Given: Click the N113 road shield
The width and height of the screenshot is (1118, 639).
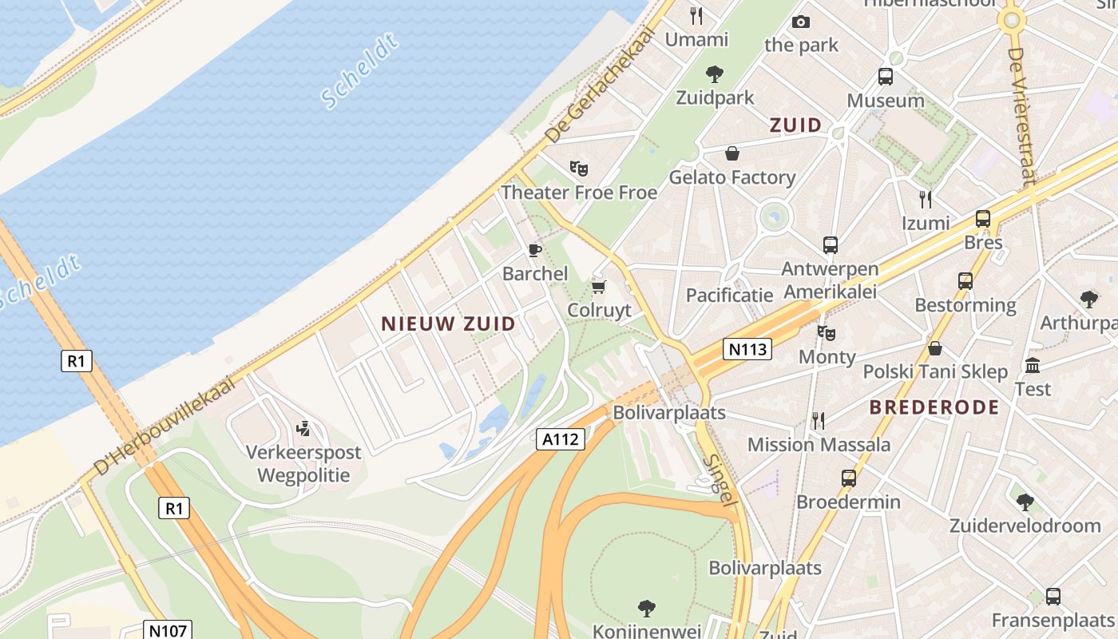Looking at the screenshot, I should [x=748, y=349].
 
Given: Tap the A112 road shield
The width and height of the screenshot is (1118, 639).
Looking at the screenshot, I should [x=561, y=439].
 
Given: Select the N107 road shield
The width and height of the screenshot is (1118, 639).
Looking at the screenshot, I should [x=168, y=631].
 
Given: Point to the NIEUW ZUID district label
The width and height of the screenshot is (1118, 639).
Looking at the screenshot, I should [x=448, y=323].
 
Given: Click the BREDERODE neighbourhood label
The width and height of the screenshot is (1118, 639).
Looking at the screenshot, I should [x=934, y=407].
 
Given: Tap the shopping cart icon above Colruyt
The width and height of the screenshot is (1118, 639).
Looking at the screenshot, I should [x=598, y=287].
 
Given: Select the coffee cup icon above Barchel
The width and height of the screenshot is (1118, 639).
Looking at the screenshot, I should [x=535, y=250].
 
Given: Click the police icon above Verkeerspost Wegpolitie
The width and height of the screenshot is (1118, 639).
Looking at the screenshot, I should [x=303, y=429].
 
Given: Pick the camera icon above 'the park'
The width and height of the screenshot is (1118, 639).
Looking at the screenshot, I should [x=800, y=22].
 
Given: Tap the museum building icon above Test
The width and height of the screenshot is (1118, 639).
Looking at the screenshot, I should [x=1033, y=366].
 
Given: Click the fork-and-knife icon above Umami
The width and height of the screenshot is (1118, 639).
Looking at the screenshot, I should [x=696, y=15].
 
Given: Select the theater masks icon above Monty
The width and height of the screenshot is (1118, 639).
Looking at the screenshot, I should [x=827, y=332].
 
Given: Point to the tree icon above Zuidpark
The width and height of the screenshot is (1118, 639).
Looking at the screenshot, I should [x=715, y=74].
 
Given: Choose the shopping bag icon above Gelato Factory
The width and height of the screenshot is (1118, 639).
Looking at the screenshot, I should [x=731, y=153].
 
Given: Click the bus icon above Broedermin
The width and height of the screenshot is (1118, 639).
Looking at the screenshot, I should [x=848, y=478].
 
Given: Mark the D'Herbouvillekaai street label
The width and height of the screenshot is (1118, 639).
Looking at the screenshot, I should [x=163, y=427].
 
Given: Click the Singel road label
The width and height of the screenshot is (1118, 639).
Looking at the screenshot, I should [x=720, y=478].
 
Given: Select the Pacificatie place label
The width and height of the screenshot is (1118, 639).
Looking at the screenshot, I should [x=729, y=296].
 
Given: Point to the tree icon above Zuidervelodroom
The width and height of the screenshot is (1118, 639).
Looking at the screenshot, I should [x=1025, y=502].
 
